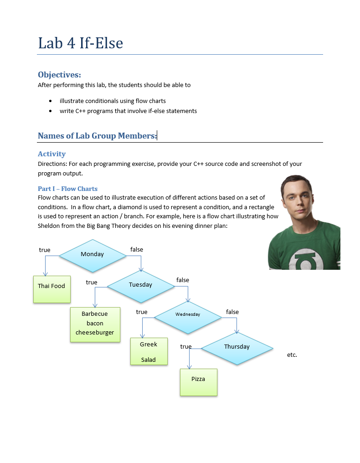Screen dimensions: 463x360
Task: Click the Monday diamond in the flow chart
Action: tap(93, 255)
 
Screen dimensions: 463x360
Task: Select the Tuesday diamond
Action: tap(140, 285)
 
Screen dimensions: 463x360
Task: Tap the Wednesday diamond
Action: tap(188, 315)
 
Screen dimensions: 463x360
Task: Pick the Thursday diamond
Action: tap(237, 347)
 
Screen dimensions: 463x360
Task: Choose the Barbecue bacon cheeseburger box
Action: tap(95, 324)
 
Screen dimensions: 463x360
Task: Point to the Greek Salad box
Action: tap(149, 351)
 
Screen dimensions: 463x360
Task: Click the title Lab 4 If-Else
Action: tap(81, 43)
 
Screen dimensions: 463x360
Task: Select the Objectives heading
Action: tap(59, 75)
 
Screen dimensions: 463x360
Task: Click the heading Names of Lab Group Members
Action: tap(97, 136)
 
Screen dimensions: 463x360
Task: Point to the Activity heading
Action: tap(51, 154)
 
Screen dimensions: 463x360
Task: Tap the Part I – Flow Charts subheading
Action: tap(67, 189)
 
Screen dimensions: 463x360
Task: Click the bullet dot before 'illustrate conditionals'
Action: tap(50, 101)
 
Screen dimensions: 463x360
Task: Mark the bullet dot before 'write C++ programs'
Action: tap(50, 111)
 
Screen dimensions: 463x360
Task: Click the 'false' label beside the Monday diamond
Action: tap(137, 250)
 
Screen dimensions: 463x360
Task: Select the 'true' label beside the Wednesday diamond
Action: tap(142, 312)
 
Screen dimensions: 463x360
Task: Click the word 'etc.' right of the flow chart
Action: tap(292, 355)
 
